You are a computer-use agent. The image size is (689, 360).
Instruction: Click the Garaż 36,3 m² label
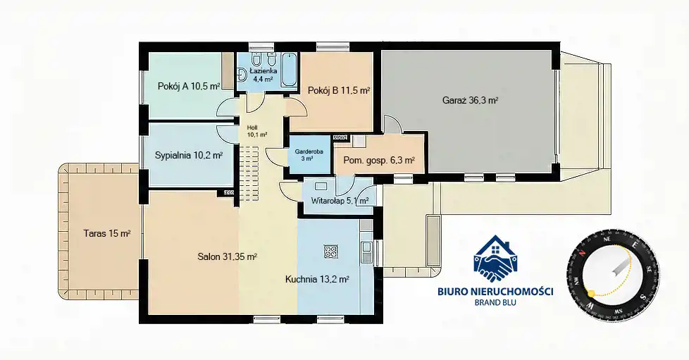click(470, 100)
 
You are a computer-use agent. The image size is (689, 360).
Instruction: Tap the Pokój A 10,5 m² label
click(189, 87)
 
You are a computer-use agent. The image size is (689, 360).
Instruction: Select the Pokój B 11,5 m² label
click(338, 91)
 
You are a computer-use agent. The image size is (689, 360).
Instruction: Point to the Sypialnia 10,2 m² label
click(189, 155)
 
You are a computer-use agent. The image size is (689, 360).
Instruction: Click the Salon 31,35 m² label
click(227, 256)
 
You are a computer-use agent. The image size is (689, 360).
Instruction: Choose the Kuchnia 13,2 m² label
click(317, 279)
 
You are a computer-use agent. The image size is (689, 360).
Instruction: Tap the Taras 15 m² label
click(107, 233)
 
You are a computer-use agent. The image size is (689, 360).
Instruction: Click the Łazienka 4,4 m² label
click(263, 75)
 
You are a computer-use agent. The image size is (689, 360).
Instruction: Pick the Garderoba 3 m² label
click(309, 155)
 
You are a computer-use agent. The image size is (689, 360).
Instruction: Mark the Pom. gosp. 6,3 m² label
click(379, 161)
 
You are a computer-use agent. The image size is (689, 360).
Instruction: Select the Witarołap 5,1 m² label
click(340, 201)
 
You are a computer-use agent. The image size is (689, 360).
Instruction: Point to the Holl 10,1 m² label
click(257, 131)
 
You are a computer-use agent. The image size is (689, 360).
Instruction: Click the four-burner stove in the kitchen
click(330, 252)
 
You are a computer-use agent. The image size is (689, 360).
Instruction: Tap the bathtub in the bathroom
click(289, 70)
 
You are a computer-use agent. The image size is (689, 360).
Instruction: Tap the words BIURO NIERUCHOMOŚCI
click(496, 291)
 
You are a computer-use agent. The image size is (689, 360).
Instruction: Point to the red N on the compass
click(581, 253)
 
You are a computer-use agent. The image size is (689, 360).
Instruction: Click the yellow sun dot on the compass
click(591, 292)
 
